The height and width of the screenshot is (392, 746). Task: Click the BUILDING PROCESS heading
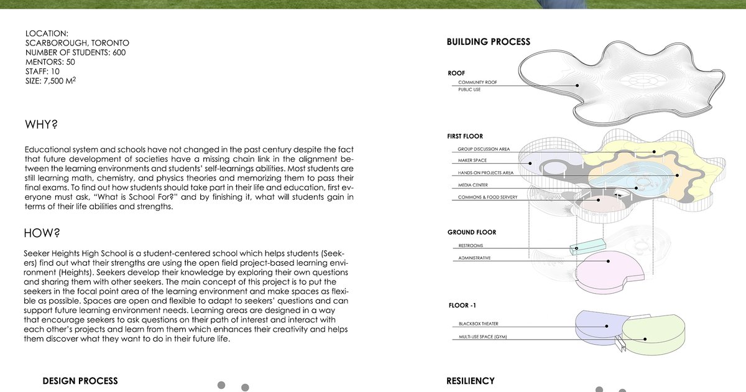tap(489, 42)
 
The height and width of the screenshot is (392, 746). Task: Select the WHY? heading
tap(41, 124)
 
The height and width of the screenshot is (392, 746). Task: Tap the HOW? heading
tap(42, 233)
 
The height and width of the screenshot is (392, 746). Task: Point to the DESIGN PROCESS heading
tap(80, 381)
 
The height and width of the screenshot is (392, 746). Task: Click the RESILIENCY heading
tap(471, 381)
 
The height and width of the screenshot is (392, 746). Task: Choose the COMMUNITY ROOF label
tap(477, 83)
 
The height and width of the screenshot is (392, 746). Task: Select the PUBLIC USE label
tap(469, 90)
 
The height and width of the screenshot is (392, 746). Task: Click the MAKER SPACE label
tap(472, 161)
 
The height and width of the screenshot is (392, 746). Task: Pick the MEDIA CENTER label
tap(473, 185)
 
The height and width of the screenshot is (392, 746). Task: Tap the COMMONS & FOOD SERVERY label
tap(487, 198)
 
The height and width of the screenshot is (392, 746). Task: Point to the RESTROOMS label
tap(471, 246)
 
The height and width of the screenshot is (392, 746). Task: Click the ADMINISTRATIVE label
tap(474, 258)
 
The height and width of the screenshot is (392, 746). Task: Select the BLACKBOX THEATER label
tap(478, 324)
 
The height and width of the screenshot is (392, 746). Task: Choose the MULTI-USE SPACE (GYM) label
tap(486, 337)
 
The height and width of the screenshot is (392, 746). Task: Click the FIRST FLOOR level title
tap(465, 136)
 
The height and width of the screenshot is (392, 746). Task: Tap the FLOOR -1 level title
tap(463, 306)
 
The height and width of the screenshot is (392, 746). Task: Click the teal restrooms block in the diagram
tap(587, 247)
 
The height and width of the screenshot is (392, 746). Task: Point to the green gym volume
tap(653, 336)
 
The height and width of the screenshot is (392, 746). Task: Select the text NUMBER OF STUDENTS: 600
tap(75, 53)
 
